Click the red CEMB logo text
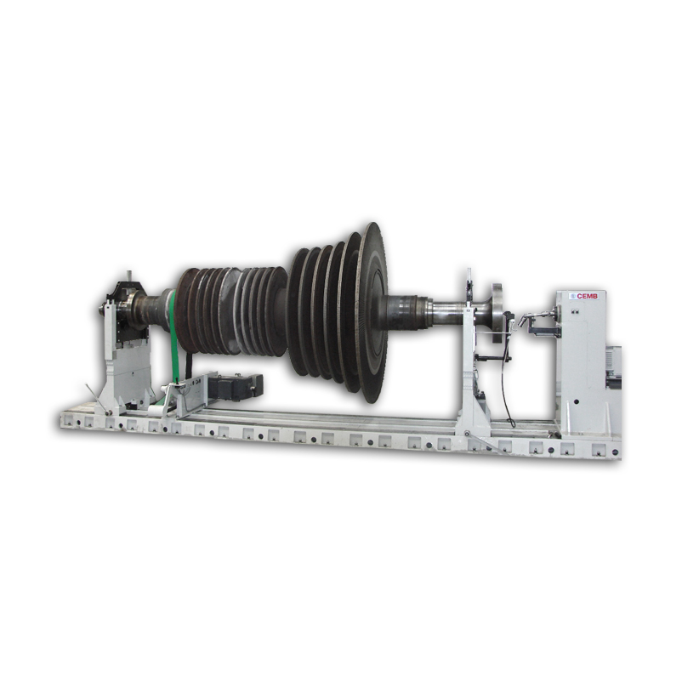587,296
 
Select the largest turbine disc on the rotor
372,312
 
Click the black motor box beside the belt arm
236,386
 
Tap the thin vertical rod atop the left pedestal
128,276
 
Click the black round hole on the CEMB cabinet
576,401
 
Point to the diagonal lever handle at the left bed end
98,397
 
